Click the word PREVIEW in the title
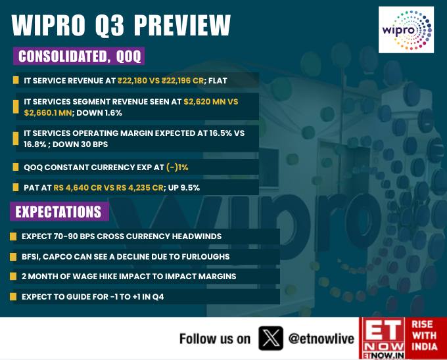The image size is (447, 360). point(182,25)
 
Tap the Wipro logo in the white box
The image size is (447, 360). point(406,30)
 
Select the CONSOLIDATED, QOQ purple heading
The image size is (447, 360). point(79,56)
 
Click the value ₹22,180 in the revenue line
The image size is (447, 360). point(132,81)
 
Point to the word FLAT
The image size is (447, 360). point(218,81)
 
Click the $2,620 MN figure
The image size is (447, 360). point(204,102)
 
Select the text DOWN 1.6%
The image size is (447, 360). point(99,113)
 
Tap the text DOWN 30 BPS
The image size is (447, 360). point(80,145)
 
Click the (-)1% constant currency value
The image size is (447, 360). point(177,167)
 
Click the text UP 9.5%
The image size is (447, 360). point(183,188)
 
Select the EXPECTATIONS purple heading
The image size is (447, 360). point(59,212)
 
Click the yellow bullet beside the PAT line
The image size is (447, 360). point(16,187)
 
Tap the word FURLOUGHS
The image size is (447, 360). point(206,257)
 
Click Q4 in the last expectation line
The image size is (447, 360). point(158,297)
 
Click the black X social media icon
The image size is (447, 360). point(271,338)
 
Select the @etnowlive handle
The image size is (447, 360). point(321,338)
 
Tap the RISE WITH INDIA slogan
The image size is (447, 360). point(425,336)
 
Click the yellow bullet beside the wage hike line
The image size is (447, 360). point(13,277)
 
